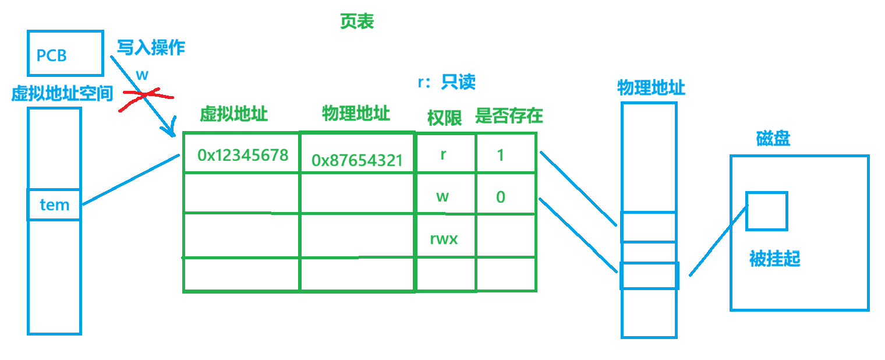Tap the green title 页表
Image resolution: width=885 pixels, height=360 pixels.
[356, 22]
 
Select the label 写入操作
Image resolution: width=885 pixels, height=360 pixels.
[151, 47]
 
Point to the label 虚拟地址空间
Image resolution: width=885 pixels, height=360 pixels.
[62, 94]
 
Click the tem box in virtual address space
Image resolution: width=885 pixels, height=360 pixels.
[54, 204]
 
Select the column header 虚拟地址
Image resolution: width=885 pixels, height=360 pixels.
[233, 114]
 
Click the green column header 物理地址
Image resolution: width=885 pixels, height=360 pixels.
[356, 113]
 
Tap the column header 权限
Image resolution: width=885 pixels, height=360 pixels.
[444, 118]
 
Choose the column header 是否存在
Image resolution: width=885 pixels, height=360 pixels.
[509, 116]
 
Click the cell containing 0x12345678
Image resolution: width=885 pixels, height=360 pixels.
[242, 155]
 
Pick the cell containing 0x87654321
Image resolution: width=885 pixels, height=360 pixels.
[357, 160]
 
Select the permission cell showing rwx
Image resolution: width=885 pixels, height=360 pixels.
[444, 238]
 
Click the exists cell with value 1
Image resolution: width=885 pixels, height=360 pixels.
[500, 156]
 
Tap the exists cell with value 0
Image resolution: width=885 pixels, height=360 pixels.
[500, 197]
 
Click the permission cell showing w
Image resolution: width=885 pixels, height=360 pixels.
[443, 196]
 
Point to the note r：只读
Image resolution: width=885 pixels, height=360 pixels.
[447, 82]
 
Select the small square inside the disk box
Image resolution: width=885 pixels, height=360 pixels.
[766, 211]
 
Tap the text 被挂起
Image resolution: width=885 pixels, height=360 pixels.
[774, 259]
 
